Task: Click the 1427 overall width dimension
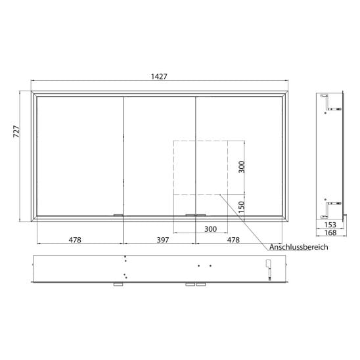(159, 76)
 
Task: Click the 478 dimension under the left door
(75, 240)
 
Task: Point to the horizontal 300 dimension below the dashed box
(210, 229)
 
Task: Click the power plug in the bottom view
(267, 267)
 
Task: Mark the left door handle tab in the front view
(118, 215)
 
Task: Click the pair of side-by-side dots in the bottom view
(204, 265)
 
